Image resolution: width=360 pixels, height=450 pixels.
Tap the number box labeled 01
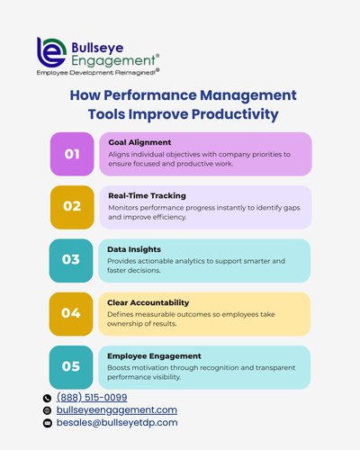tap(71, 154)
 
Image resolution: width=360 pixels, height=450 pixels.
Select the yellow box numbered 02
tap(71, 207)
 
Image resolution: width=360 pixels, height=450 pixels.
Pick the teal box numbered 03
tap(71, 260)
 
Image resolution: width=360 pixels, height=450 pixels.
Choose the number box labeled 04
tap(71, 313)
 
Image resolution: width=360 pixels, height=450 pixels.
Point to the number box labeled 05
tap(71, 366)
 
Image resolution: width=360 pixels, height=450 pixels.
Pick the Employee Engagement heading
tap(148, 355)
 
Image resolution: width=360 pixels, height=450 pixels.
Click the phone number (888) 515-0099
tap(92, 397)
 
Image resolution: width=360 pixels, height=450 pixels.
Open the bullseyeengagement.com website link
tap(117, 409)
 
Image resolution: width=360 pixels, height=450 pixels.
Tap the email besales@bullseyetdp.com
tap(117, 422)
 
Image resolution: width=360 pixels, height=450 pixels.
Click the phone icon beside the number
tap(47, 398)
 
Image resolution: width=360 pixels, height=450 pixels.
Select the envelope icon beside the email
tap(47, 423)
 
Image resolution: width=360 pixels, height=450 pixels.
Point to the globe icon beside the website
tap(47, 410)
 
